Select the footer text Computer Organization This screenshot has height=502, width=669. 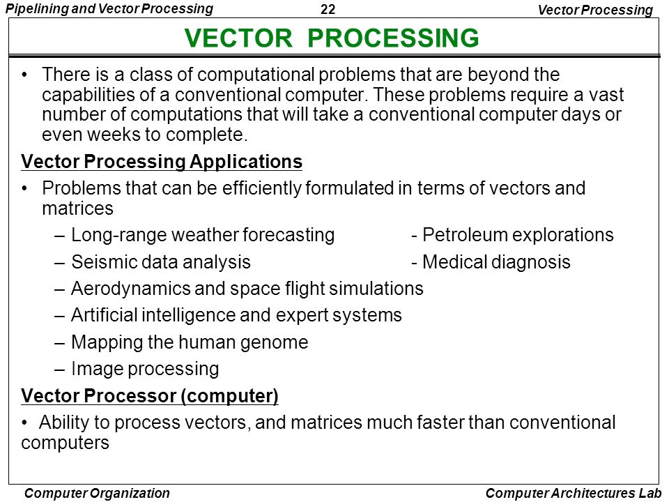pos(97,493)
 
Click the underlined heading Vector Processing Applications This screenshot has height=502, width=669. pos(162,162)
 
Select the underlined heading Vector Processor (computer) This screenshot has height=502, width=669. pos(150,396)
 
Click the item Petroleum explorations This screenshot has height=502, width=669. pos(517,235)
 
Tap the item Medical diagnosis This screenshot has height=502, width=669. pos(495,262)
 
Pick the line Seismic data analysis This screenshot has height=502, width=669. pos(160,262)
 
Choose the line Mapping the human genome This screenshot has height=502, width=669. pos(189,342)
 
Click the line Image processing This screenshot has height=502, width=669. pos(145,368)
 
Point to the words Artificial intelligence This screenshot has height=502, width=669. pos(153,315)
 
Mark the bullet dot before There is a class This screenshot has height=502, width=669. pos(26,75)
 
